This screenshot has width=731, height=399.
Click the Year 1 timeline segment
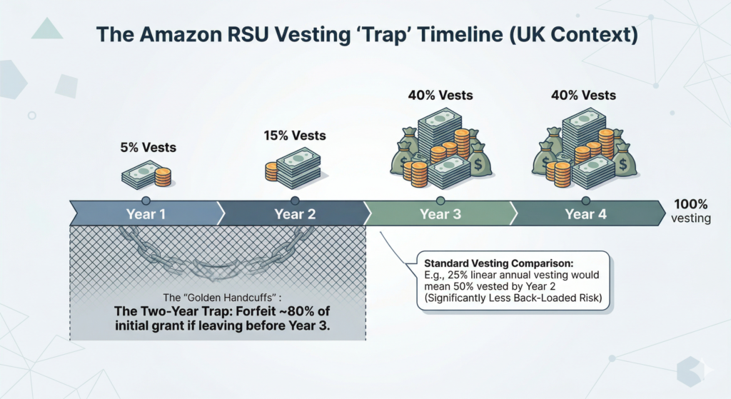(146, 213)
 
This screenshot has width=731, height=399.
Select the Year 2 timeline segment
(294, 213)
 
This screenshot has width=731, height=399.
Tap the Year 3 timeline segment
(440, 213)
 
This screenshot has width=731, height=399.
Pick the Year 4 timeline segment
(585, 213)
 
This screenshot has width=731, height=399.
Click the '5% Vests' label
(148, 148)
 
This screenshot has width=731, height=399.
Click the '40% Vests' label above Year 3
(440, 95)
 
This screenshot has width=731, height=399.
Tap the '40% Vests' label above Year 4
(583, 95)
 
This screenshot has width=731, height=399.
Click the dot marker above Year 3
(440, 201)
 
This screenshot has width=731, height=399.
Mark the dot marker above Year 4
(586, 201)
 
